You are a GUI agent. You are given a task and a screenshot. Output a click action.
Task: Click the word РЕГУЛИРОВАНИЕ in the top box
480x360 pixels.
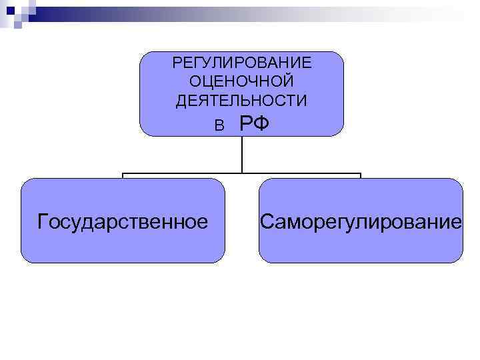241,63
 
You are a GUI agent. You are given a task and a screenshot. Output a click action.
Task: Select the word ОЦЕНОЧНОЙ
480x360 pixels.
241,82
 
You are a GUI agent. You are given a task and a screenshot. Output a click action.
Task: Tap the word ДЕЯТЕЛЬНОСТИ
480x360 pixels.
241,101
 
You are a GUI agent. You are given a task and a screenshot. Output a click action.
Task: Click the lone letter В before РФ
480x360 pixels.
219,125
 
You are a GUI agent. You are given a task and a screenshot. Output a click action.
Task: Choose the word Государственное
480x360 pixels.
123,221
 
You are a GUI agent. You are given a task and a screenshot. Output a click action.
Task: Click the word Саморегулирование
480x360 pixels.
361,221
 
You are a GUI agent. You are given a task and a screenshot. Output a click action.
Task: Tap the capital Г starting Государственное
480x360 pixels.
43,220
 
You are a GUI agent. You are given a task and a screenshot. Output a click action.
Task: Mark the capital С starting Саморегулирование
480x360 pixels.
267,221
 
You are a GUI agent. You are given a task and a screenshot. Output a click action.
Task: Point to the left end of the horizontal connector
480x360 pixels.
123,175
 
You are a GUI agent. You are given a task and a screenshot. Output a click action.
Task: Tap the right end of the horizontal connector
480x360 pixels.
361,175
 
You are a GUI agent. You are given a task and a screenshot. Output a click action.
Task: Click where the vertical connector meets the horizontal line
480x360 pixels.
241,174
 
